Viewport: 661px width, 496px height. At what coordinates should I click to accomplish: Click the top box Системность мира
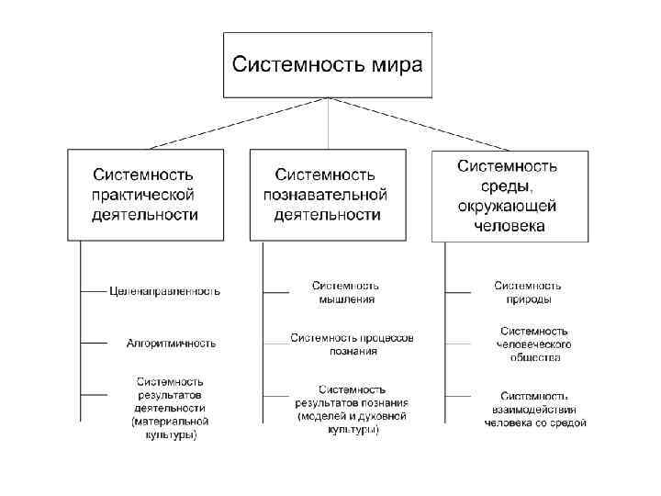tap(328, 64)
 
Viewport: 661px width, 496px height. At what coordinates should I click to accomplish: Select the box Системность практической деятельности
tap(144, 194)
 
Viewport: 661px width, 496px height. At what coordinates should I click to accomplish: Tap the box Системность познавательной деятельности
tap(327, 194)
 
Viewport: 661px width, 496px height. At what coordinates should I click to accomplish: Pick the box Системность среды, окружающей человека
tap(510, 194)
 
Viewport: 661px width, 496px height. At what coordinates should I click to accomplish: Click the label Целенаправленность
tap(164, 291)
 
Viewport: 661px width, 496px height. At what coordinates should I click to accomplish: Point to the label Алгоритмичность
tap(172, 344)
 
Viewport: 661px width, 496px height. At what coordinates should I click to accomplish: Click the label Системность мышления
tap(345, 292)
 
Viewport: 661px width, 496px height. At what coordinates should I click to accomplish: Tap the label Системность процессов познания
tap(352, 344)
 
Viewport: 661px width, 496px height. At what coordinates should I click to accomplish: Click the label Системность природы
tap(528, 292)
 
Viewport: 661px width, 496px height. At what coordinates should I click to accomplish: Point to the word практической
tap(144, 195)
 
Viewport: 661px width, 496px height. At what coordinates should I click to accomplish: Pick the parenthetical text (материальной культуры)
tap(171, 428)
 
